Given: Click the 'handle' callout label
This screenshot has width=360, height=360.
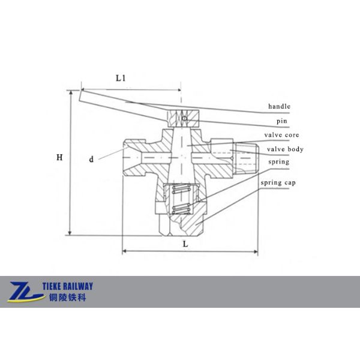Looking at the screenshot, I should click(279, 106).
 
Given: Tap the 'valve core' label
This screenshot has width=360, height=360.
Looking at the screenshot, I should click(281, 136).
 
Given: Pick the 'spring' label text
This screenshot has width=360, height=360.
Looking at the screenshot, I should click(279, 162).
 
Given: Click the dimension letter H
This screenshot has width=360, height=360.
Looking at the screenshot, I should click(59, 158).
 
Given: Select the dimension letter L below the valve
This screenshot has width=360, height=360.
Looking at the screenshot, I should click(186, 245).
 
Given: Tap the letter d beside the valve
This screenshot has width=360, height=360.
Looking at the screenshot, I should click(91, 160).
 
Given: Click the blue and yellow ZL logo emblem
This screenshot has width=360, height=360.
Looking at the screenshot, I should click(25, 291).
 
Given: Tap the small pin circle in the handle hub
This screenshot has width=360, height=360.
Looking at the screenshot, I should click(185, 118).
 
